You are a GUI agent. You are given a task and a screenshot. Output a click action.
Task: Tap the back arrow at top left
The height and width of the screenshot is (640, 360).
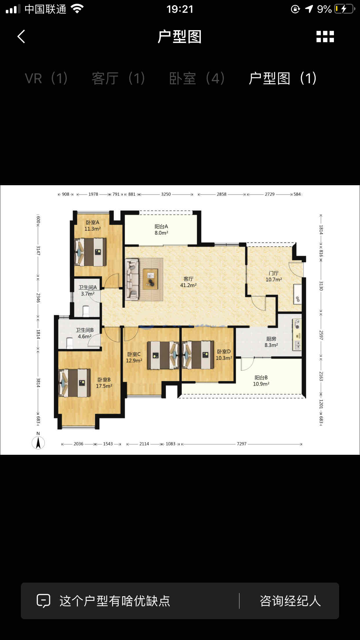[21, 37]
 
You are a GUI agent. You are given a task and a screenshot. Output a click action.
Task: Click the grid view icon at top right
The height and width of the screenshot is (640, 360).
[325, 37]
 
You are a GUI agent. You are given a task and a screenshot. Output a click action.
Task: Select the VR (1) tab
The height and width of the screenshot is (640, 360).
[46, 78]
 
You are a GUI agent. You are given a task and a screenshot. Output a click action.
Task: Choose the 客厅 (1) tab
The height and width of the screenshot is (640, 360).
[118, 78]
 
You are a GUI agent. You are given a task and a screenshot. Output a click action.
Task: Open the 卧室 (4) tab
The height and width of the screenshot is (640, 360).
[197, 78]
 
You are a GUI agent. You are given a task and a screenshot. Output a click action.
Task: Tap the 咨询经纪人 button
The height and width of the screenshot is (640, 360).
[290, 601]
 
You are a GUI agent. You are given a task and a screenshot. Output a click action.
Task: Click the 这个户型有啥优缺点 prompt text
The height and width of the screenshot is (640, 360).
[115, 601]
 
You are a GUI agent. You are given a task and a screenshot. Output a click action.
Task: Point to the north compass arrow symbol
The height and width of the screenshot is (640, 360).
[38, 443]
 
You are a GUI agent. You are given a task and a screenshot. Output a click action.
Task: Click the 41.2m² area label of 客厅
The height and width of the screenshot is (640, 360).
[188, 285]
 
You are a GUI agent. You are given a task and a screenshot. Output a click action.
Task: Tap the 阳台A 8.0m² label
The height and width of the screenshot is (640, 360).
[161, 230]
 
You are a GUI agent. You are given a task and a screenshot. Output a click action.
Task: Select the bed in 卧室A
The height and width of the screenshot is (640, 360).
[90, 252]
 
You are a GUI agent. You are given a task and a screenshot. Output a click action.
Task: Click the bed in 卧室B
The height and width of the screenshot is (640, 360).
[74, 383]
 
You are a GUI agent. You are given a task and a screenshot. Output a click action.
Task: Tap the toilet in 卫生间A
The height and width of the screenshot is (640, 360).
[86, 311]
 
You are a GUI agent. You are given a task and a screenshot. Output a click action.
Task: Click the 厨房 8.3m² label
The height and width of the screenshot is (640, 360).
[271, 342]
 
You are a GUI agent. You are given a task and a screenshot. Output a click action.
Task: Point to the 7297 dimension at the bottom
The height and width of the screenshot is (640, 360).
[241, 444]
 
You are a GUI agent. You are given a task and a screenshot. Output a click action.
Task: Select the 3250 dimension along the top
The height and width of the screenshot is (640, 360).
[166, 194]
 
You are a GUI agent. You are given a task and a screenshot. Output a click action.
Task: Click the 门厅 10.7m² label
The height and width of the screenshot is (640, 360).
[274, 277]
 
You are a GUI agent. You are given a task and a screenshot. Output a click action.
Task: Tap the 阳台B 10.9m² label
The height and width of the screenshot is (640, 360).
[261, 381]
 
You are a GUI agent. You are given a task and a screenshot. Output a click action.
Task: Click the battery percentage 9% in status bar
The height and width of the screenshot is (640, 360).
[324, 9]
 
